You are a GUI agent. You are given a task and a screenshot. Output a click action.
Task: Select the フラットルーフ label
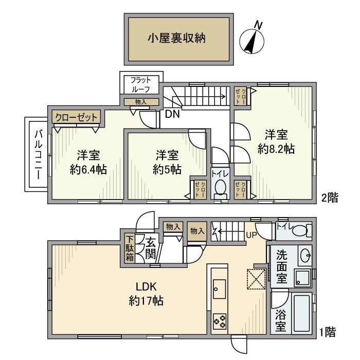140,83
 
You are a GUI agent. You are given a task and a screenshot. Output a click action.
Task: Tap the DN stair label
172,115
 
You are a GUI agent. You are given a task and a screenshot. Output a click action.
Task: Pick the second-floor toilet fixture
220,189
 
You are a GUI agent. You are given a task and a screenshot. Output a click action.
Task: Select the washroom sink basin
304,254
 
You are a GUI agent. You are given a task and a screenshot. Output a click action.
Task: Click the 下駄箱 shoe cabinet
130,248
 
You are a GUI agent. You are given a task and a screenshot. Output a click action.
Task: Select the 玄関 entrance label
150,248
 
